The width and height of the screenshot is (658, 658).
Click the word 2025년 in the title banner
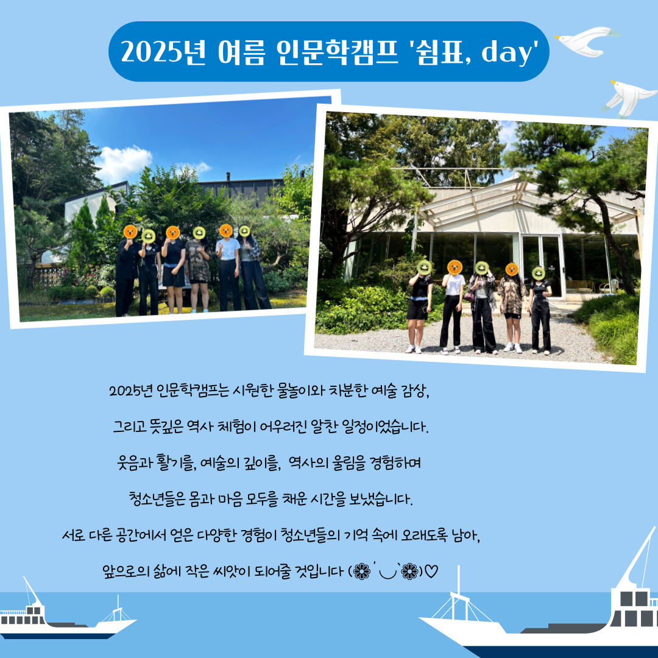pos(163,52)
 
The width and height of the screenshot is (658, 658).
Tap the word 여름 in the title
pos(241,52)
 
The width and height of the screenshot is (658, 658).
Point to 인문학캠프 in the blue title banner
pos(337,52)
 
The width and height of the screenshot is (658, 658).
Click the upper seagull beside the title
pos(587,41)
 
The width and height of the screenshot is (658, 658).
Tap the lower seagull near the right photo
pos(628,97)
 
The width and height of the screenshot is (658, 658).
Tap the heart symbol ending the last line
pos(431,571)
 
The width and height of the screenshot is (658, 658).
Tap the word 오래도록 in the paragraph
pos(424,535)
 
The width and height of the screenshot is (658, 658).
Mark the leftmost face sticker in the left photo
pos(130,232)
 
